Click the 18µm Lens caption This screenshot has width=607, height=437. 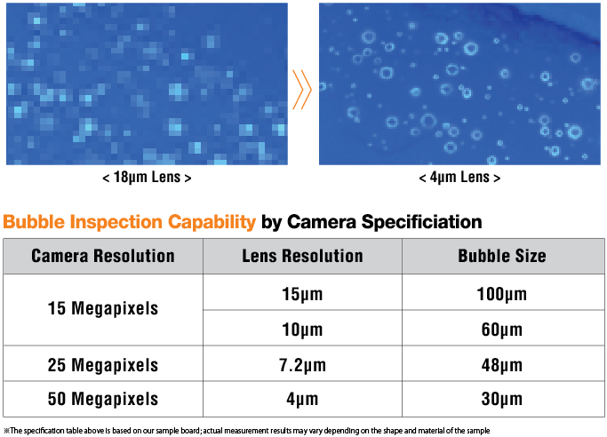pos(147,177)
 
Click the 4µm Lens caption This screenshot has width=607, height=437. pos(459,177)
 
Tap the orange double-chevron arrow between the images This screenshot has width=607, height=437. pos(302,90)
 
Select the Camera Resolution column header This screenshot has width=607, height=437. pos(103,256)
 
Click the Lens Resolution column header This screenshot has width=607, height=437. pos(302,256)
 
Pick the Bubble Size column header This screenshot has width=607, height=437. pos(502,256)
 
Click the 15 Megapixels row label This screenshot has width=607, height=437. pos(103,308)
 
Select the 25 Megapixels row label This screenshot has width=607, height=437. pos(103,365)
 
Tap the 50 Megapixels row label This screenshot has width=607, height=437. pos(103,399)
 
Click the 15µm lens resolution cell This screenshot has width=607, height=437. pos(302,294)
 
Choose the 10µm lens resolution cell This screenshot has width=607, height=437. pos(302,330)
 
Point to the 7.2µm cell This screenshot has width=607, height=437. pos(302,365)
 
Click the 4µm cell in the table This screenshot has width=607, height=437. pos(302,399)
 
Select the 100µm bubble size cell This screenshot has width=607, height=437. pos(502,294)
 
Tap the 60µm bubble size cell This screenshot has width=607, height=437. pos(502,330)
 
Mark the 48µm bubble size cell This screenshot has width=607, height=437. pos(502,365)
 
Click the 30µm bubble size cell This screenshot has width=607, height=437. pos(502,399)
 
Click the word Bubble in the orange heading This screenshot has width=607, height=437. pos(34,222)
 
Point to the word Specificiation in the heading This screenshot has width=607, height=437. pos(421,223)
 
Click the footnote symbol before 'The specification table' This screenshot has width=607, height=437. pos(6,431)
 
